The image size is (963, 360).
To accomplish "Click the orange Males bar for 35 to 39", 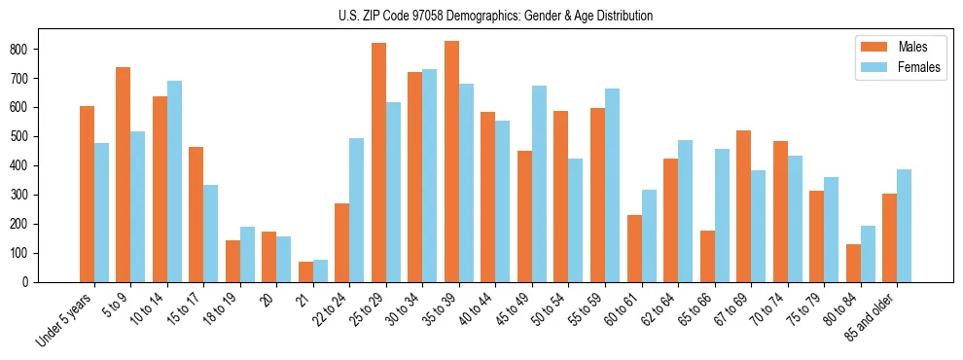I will (x=452, y=162).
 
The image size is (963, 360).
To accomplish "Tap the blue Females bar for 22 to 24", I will (x=357, y=210).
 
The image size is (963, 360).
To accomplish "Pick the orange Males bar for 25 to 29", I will (x=378, y=162).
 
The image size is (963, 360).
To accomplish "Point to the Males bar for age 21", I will (x=305, y=271).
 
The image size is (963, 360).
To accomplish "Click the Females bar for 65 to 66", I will (x=722, y=216).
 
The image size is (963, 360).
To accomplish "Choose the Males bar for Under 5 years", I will (x=87, y=194).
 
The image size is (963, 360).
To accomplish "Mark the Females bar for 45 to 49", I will (x=539, y=184).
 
